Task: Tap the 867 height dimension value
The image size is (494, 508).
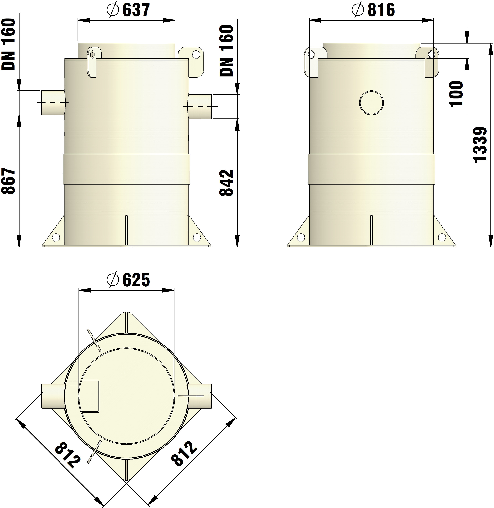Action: click(9, 181)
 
